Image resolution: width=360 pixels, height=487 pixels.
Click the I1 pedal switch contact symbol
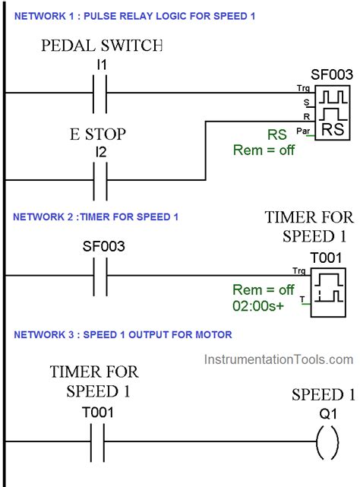[96, 92]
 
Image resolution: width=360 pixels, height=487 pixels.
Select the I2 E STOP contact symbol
[96, 180]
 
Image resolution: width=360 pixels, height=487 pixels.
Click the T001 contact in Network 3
[96, 442]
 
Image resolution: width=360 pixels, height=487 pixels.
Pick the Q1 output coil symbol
[327, 442]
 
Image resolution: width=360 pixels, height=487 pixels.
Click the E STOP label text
[97, 135]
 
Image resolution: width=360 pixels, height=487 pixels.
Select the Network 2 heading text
[96, 217]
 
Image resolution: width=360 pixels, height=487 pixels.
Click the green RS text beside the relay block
[276, 135]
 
